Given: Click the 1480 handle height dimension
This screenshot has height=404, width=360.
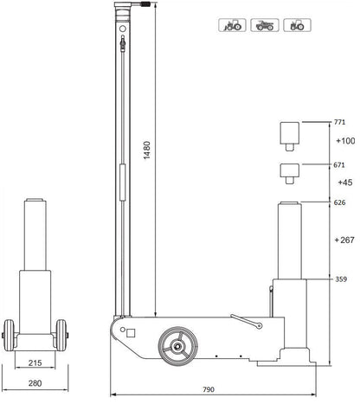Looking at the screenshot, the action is click(x=147, y=150).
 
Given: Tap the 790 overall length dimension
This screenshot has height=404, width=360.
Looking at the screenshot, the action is click(x=209, y=389).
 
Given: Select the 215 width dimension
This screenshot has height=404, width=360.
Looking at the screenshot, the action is click(x=35, y=362).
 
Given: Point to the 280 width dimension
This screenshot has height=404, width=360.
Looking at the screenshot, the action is click(x=35, y=383).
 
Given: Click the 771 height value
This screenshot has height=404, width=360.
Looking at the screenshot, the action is click(x=339, y=122).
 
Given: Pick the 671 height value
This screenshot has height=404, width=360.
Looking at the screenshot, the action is click(x=339, y=165).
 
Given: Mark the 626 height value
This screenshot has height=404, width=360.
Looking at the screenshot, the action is click(x=339, y=202).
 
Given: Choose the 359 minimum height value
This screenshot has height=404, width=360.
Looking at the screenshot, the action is click(x=341, y=279).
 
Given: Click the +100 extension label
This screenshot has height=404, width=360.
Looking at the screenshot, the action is click(x=345, y=141).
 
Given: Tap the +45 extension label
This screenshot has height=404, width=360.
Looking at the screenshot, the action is click(x=345, y=183).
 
